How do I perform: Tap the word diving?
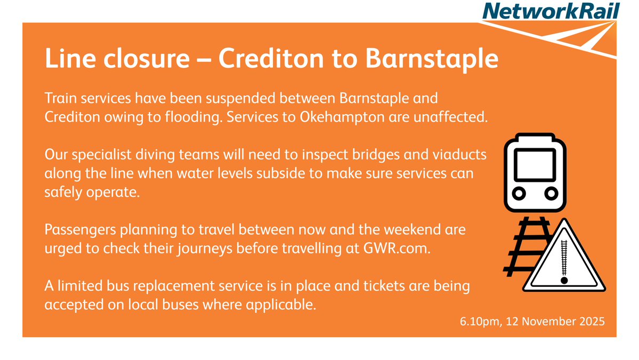(166, 155)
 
